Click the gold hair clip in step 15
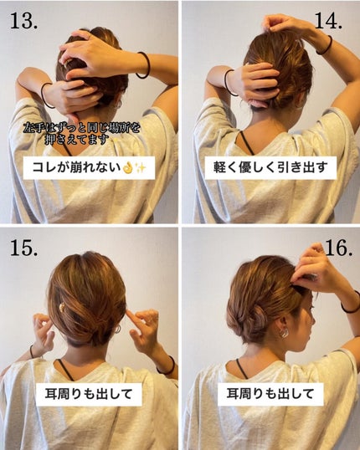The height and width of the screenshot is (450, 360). pos(61,308)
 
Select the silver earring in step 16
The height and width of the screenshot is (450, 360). pos(284,332)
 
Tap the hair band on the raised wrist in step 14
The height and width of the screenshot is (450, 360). pos(324,44)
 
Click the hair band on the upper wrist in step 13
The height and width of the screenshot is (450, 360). pos(144,65)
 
